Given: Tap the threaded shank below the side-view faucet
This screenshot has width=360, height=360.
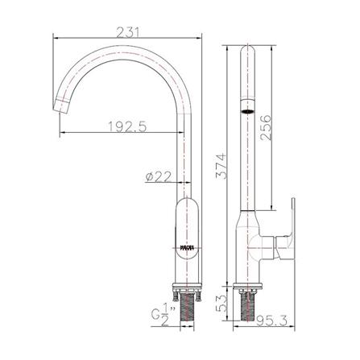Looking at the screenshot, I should [250, 310].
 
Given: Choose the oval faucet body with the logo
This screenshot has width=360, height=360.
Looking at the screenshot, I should [186, 238].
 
